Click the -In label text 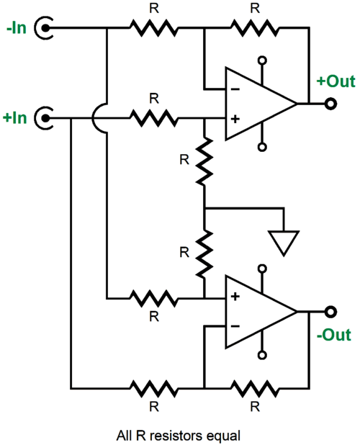coord(17,28)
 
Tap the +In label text coord(14,117)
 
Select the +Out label coord(336,81)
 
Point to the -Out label coord(334,335)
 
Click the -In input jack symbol coord(43,28)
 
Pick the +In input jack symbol coord(43,117)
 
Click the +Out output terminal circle coord(330,104)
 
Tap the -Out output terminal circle coord(330,312)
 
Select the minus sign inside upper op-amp coord(235,90)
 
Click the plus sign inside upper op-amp coord(235,119)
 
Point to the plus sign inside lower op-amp coord(235,297)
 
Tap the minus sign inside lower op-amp coord(235,326)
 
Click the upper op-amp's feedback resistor coord(255,28)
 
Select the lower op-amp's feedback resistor coord(255,388)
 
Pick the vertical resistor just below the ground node coord(204,253)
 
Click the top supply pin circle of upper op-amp coord(262,60)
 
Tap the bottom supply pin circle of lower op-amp coord(262,355)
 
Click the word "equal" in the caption coord(223,436)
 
